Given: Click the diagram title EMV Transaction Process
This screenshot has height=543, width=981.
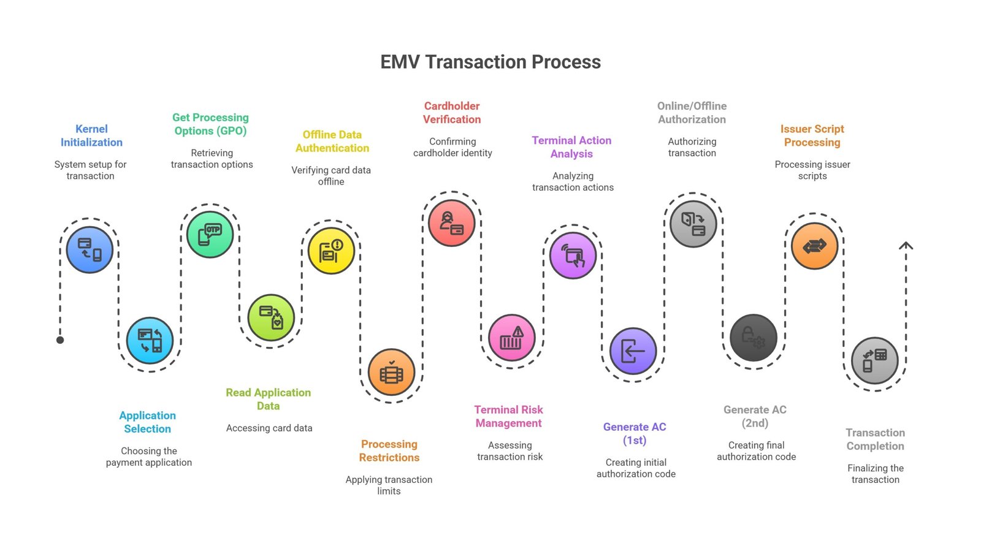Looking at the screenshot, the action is pos(490,62).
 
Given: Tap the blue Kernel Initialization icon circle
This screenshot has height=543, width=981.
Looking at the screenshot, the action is pos(90,250).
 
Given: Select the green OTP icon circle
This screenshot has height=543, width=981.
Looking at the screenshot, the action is pos(210,235).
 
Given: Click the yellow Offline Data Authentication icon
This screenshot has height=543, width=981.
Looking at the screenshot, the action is pos(331,251).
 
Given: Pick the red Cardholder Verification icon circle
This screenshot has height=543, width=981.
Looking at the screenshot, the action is pos(451,223).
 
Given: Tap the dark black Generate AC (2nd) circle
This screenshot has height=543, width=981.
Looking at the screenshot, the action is pos(754,338).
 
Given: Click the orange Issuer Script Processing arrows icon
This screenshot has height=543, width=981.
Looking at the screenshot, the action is pos(815,246).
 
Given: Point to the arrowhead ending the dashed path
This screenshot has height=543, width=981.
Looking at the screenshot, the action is pos(906,245).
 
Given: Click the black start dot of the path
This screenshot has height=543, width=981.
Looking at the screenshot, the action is pos(61,340).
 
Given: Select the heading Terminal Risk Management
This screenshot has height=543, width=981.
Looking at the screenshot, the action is pos(508,417).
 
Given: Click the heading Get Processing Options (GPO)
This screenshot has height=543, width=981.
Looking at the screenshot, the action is pos(211,124).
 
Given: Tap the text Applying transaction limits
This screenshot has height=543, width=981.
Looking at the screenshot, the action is pos(389,485).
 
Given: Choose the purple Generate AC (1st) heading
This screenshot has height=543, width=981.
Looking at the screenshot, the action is pos(635,433).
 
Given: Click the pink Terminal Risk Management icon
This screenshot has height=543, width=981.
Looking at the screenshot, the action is pos(511,338).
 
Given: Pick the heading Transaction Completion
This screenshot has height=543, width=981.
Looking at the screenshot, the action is pos(876,439).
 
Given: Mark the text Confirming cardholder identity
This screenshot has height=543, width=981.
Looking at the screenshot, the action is pos(452,147).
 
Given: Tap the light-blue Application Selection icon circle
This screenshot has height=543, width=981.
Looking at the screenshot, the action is pos(150,341).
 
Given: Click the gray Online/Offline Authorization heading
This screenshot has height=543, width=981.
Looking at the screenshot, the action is pos(692,113).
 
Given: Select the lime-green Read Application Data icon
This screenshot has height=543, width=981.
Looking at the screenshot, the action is pos(271,317).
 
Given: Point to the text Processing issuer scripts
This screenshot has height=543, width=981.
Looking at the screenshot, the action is pos(812,170).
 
